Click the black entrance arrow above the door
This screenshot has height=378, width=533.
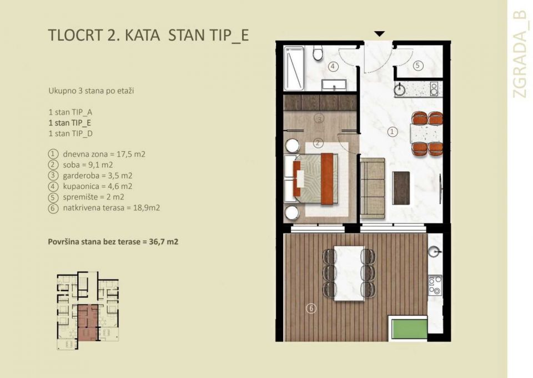(x=379, y=34)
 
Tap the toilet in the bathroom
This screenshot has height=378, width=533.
(x=318, y=54)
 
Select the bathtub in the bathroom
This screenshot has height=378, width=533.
(x=294, y=69)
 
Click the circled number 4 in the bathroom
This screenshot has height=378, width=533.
(x=333, y=67)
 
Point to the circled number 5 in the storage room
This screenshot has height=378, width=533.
(x=419, y=66)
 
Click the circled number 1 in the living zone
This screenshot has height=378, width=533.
(x=393, y=132)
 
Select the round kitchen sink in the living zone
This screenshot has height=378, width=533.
(x=401, y=88)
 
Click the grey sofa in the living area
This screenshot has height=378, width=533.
(x=373, y=188)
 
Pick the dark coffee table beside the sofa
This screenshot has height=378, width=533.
(x=401, y=187)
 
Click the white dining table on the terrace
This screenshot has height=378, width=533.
(x=349, y=272)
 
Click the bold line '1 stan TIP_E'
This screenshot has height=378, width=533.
(x=70, y=123)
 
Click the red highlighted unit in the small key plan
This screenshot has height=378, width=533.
(x=87, y=322)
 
